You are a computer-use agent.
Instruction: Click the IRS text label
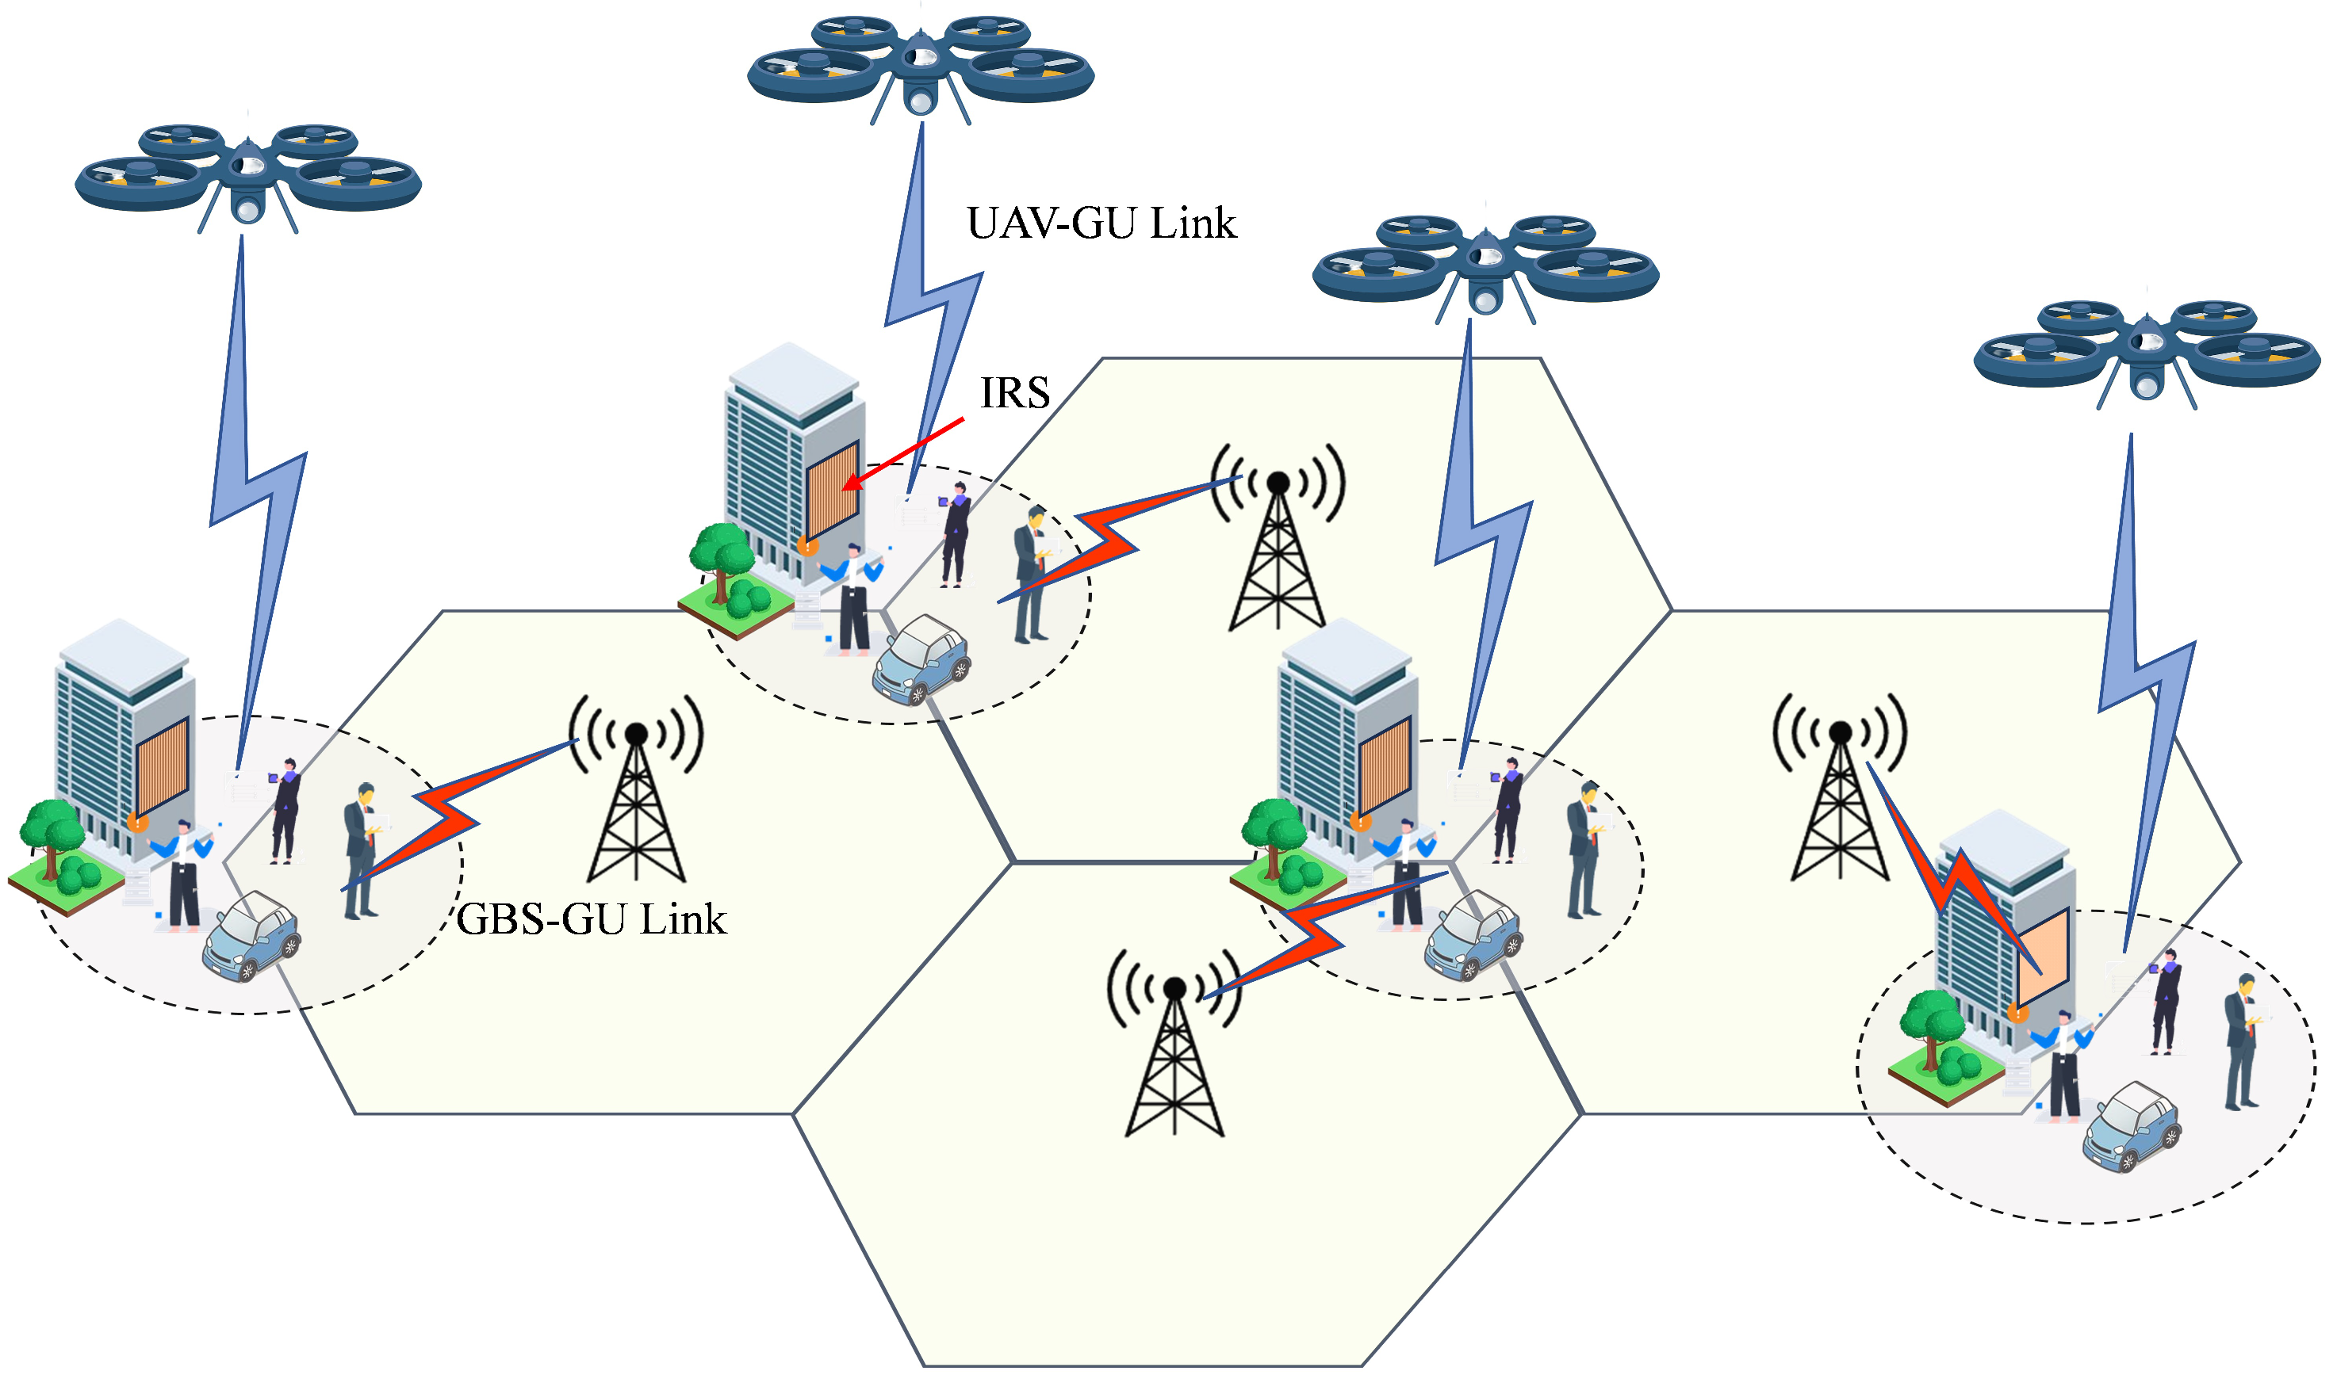coord(1014,392)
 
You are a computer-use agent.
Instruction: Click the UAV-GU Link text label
coord(1101,223)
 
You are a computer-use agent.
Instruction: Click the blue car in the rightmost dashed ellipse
coord(2130,1127)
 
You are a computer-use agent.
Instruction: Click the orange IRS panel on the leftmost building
coord(162,766)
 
